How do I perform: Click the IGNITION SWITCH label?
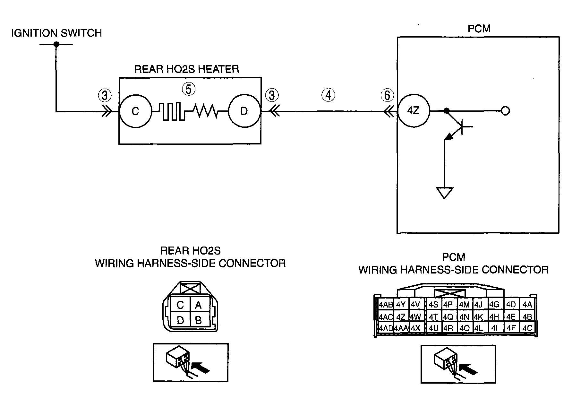coord(56,33)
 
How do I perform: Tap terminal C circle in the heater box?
coord(135,111)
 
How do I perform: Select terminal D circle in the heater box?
coord(244,111)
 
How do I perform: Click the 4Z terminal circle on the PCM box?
coord(413,111)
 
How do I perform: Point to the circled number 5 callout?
coord(189,89)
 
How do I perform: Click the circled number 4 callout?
coord(328,95)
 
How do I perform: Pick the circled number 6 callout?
coord(387,95)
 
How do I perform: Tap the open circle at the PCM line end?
coord(505,111)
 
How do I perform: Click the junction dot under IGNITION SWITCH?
coord(56,44)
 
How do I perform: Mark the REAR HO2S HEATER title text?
coord(187,69)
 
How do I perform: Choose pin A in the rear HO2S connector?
coord(198,305)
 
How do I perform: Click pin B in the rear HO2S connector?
coord(198,320)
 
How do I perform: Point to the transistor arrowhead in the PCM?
coord(449,137)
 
